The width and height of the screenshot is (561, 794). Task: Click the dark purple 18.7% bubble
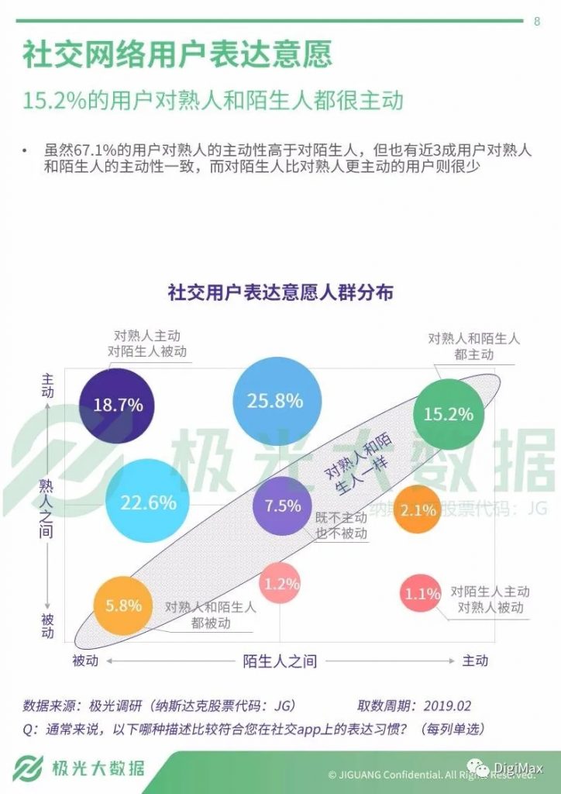pyautogui.click(x=118, y=405)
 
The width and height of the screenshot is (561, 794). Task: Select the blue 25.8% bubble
pyautogui.click(x=274, y=400)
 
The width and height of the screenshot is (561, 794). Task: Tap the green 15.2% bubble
pyautogui.click(x=448, y=414)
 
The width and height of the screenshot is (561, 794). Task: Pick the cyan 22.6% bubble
pyautogui.click(x=147, y=502)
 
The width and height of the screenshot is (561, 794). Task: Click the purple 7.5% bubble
pyautogui.click(x=283, y=506)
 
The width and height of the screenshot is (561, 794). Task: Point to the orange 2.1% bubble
pyautogui.click(x=418, y=510)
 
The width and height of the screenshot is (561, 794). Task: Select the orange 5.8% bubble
pyautogui.click(x=123, y=606)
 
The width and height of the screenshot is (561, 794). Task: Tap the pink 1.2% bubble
pyautogui.click(x=280, y=584)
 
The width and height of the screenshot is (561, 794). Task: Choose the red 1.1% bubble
pyautogui.click(x=422, y=594)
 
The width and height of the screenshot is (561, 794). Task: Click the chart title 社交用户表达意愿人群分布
pyautogui.click(x=280, y=292)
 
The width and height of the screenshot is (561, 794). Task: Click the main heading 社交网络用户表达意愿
pyautogui.click(x=177, y=55)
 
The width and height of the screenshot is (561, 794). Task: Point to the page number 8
pyautogui.click(x=537, y=22)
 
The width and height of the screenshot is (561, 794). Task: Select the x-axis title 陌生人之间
pyautogui.click(x=280, y=661)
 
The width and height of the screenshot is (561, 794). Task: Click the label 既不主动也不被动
pyautogui.click(x=341, y=526)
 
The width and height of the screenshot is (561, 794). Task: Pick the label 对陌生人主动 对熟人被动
pyautogui.click(x=490, y=599)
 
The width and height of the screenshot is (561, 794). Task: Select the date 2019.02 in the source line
pyautogui.click(x=447, y=706)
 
